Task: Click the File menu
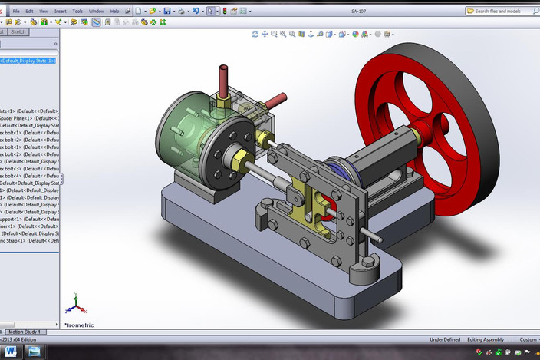click(16, 12)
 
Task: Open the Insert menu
click(60, 12)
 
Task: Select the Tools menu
click(77, 12)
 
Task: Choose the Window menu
click(97, 12)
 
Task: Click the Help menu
click(115, 12)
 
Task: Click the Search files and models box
click(501, 12)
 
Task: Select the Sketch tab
click(18, 32)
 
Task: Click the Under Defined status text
click(445, 339)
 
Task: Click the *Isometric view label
click(79, 325)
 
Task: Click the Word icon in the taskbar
click(11, 352)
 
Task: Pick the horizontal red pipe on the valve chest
click(277, 100)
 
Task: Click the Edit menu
click(29, 12)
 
